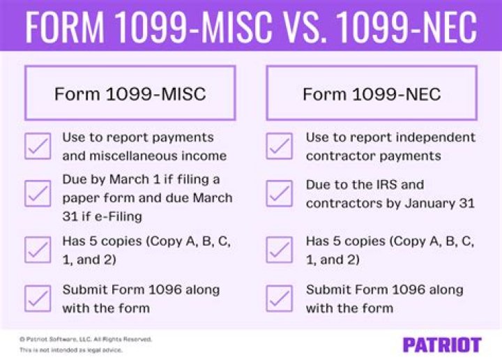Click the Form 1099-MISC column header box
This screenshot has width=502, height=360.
pyautogui.click(x=130, y=93)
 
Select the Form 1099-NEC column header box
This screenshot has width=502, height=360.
pyautogui.click(x=372, y=93)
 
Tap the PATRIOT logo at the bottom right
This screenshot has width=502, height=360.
pyautogui.click(x=442, y=344)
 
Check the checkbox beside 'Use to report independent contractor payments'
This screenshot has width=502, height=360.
pyautogui.click(x=279, y=146)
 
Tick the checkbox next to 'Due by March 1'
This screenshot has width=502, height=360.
pyautogui.click(x=38, y=193)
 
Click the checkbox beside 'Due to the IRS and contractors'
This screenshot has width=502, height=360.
pyautogui.click(x=279, y=193)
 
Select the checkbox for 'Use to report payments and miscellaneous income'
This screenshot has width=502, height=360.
pyautogui.click(x=38, y=146)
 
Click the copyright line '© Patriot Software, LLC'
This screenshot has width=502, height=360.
pyautogui.click(x=85, y=339)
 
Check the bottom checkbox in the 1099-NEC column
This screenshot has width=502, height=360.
pyautogui.click(x=279, y=298)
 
